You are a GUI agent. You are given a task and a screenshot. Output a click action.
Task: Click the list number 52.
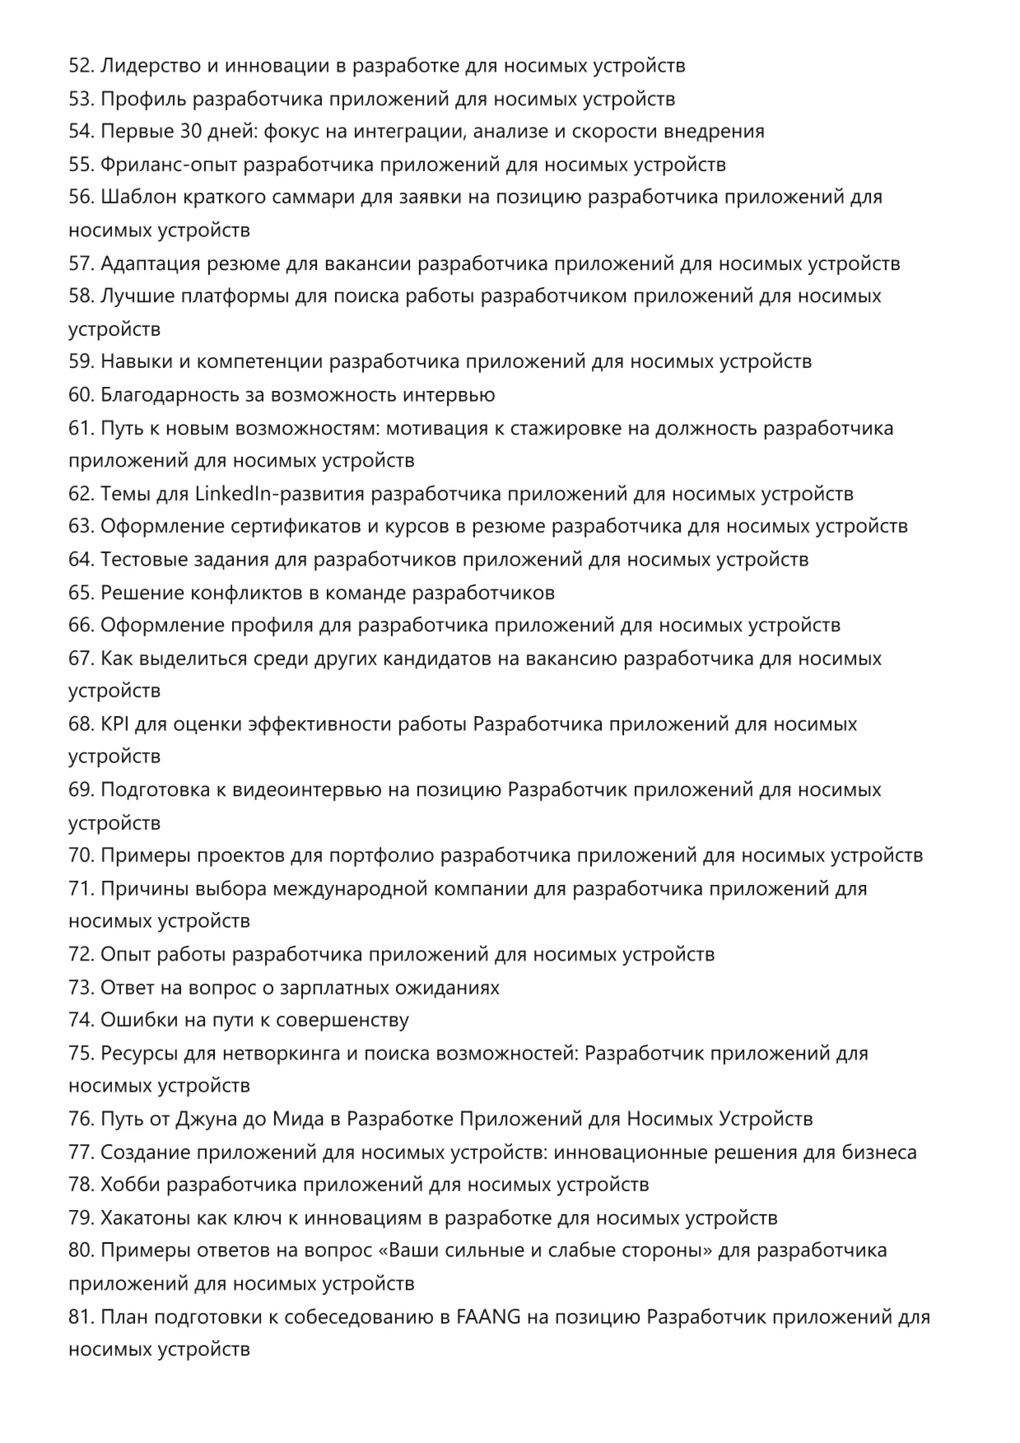[81, 66]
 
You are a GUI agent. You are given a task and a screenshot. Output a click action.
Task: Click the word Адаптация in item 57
[147, 263]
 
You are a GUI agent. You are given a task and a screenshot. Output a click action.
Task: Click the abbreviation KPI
[114, 724]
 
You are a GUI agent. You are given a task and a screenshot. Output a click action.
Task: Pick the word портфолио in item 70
[381, 856]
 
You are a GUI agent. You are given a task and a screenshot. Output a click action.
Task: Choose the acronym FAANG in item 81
[488, 1317]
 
